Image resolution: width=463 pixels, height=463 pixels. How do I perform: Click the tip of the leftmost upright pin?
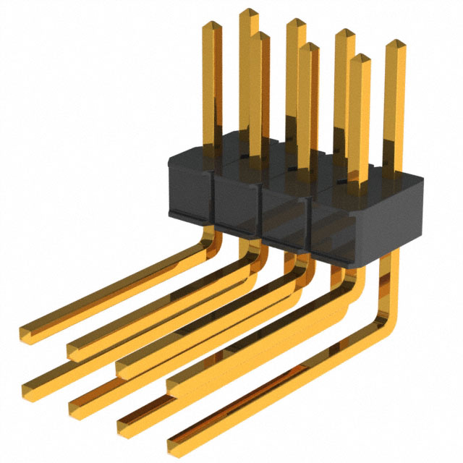[x=210, y=26]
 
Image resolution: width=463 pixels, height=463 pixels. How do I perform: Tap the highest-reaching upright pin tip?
[x=249, y=13]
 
